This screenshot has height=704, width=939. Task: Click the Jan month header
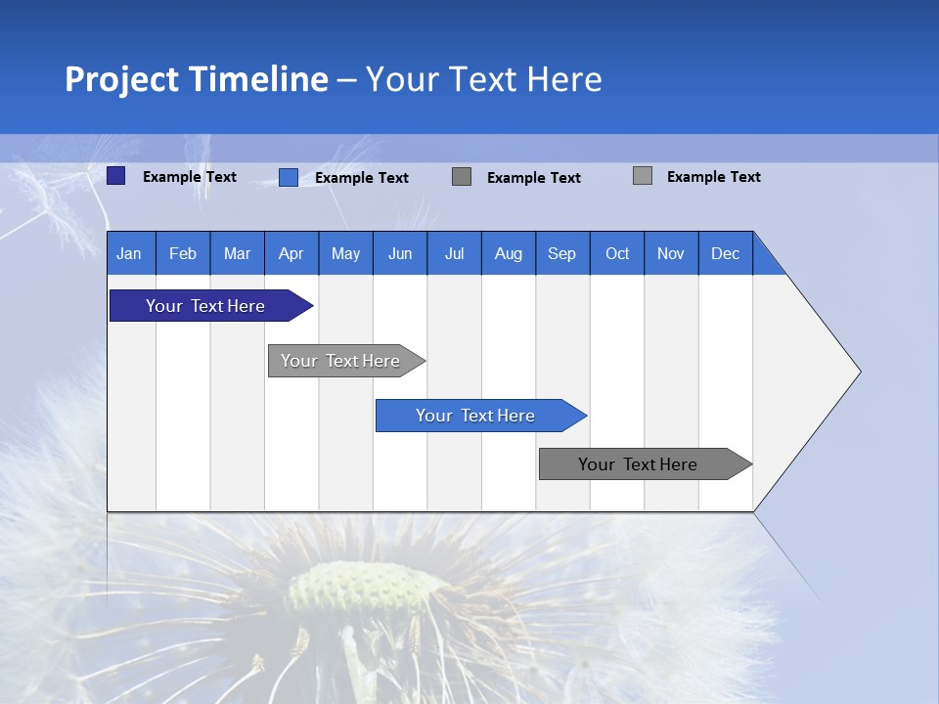[130, 253]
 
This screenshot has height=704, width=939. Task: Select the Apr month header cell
[291, 253]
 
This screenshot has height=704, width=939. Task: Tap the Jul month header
[454, 253]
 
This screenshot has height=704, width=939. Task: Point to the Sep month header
[562, 253]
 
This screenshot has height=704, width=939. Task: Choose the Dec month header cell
[725, 253]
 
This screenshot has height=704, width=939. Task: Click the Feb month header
[183, 253]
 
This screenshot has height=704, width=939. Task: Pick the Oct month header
[617, 253]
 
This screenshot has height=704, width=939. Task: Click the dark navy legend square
[116, 176]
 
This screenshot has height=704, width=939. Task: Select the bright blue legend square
[289, 177]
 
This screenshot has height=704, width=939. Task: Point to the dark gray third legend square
[462, 177]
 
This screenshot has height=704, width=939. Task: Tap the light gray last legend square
[643, 176]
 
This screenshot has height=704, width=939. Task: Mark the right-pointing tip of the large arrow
[858, 372]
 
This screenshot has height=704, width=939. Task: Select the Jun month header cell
[400, 253]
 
